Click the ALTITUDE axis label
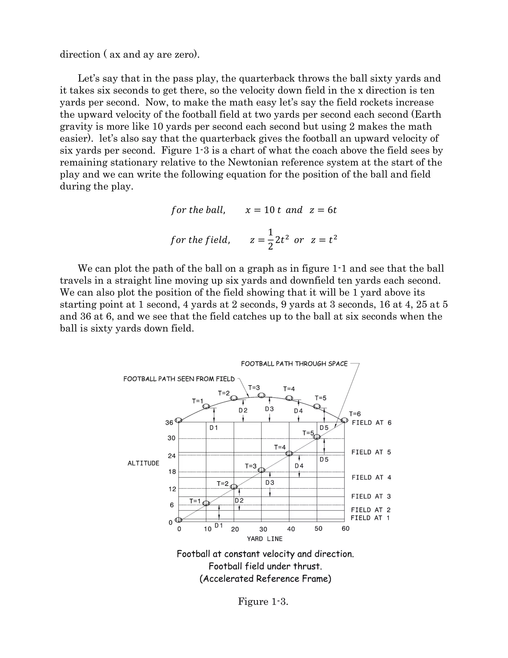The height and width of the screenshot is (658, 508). pyautogui.click(x=143, y=463)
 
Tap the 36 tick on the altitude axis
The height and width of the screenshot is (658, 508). pyautogui.click(x=169, y=423)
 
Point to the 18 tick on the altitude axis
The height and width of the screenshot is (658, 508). pyautogui.click(x=172, y=472)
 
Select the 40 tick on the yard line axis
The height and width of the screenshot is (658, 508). pyautogui.click(x=291, y=529)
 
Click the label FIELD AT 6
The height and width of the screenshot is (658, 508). pyautogui.click(x=371, y=423)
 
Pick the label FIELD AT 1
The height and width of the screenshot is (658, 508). pyautogui.click(x=370, y=518)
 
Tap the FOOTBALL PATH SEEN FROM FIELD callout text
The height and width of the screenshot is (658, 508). pyautogui.click(x=179, y=379)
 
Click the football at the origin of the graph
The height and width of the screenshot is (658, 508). pyautogui.click(x=178, y=520)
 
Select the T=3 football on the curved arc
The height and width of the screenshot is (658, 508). pyautogui.click(x=261, y=395)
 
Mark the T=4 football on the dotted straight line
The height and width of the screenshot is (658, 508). pyautogui.click(x=289, y=453)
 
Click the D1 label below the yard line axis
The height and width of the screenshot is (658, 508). pyautogui.click(x=219, y=525)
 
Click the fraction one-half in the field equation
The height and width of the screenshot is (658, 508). pyautogui.click(x=270, y=240)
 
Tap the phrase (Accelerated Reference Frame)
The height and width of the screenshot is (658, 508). pyautogui.click(x=265, y=579)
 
